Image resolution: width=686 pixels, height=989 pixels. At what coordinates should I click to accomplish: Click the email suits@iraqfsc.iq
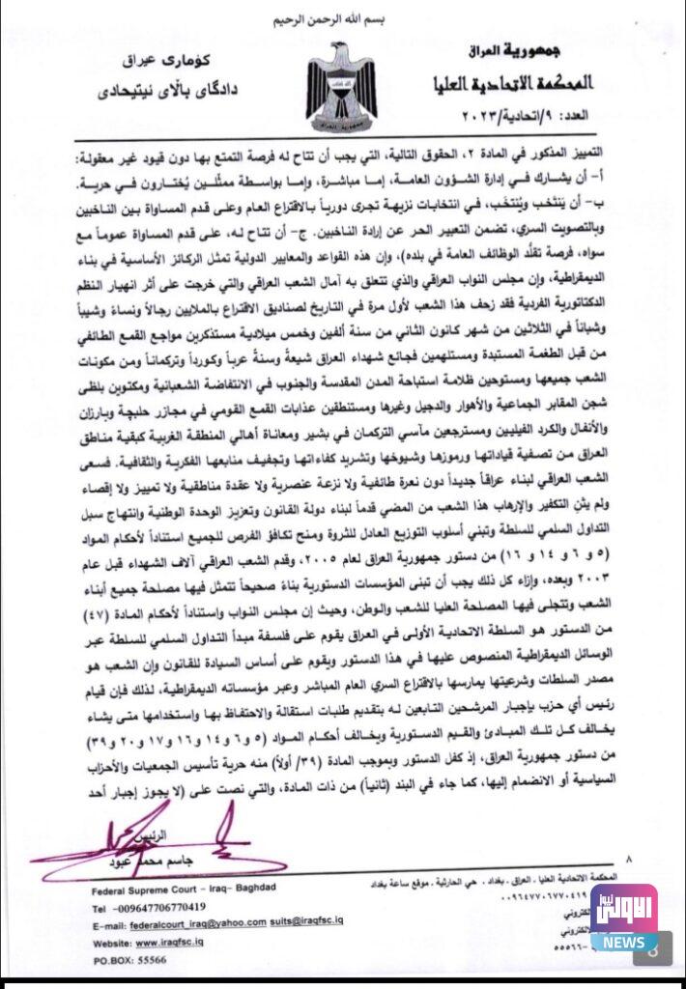pyautogui.click(x=334, y=924)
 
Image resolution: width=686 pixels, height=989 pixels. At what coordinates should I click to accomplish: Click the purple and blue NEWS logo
pyautogui.click(x=624, y=918)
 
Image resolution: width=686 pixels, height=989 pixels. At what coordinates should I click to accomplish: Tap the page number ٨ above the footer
pyautogui.click(x=629, y=858)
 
